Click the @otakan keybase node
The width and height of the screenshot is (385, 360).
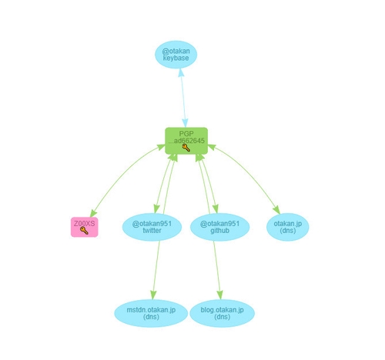[176, 55]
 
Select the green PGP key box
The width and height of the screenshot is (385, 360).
[186, 141]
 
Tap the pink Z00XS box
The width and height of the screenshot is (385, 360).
[85, 227]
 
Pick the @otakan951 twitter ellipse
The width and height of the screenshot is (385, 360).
[152, 227]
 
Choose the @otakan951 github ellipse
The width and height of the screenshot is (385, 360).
[219, 227]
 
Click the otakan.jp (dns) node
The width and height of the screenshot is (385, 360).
[288, 227]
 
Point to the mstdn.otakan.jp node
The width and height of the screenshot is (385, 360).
[151, 313]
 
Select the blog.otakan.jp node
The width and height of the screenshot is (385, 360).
[222, 313]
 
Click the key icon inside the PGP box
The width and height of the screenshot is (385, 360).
[186, 148]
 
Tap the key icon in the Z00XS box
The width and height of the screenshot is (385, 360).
[84, 231]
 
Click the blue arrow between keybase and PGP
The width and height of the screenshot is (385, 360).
[183, 98]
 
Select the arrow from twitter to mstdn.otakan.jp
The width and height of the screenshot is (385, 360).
[156, 270]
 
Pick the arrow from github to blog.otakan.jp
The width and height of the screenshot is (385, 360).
[217, 270]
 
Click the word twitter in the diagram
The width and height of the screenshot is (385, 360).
[152, 231]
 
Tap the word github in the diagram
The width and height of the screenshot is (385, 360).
[219, 231]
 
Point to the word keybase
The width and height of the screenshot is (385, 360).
[176, 58]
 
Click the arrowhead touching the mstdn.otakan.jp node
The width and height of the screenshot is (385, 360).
[153, 295]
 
